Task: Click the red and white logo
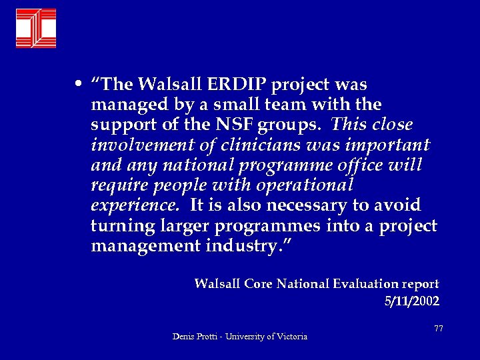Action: (x=36, y=29)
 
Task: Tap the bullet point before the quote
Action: (x=79, y=85)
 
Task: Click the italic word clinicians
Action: (x=249, y=145)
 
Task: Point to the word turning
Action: (x=121, y=226)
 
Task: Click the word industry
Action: (x=250, y=246)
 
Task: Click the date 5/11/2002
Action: (x=412, y=301)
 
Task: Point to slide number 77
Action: (x=438, y=329)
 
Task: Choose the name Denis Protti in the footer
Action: (x=194, y=337)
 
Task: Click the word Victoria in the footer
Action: (x=288, y=337)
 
